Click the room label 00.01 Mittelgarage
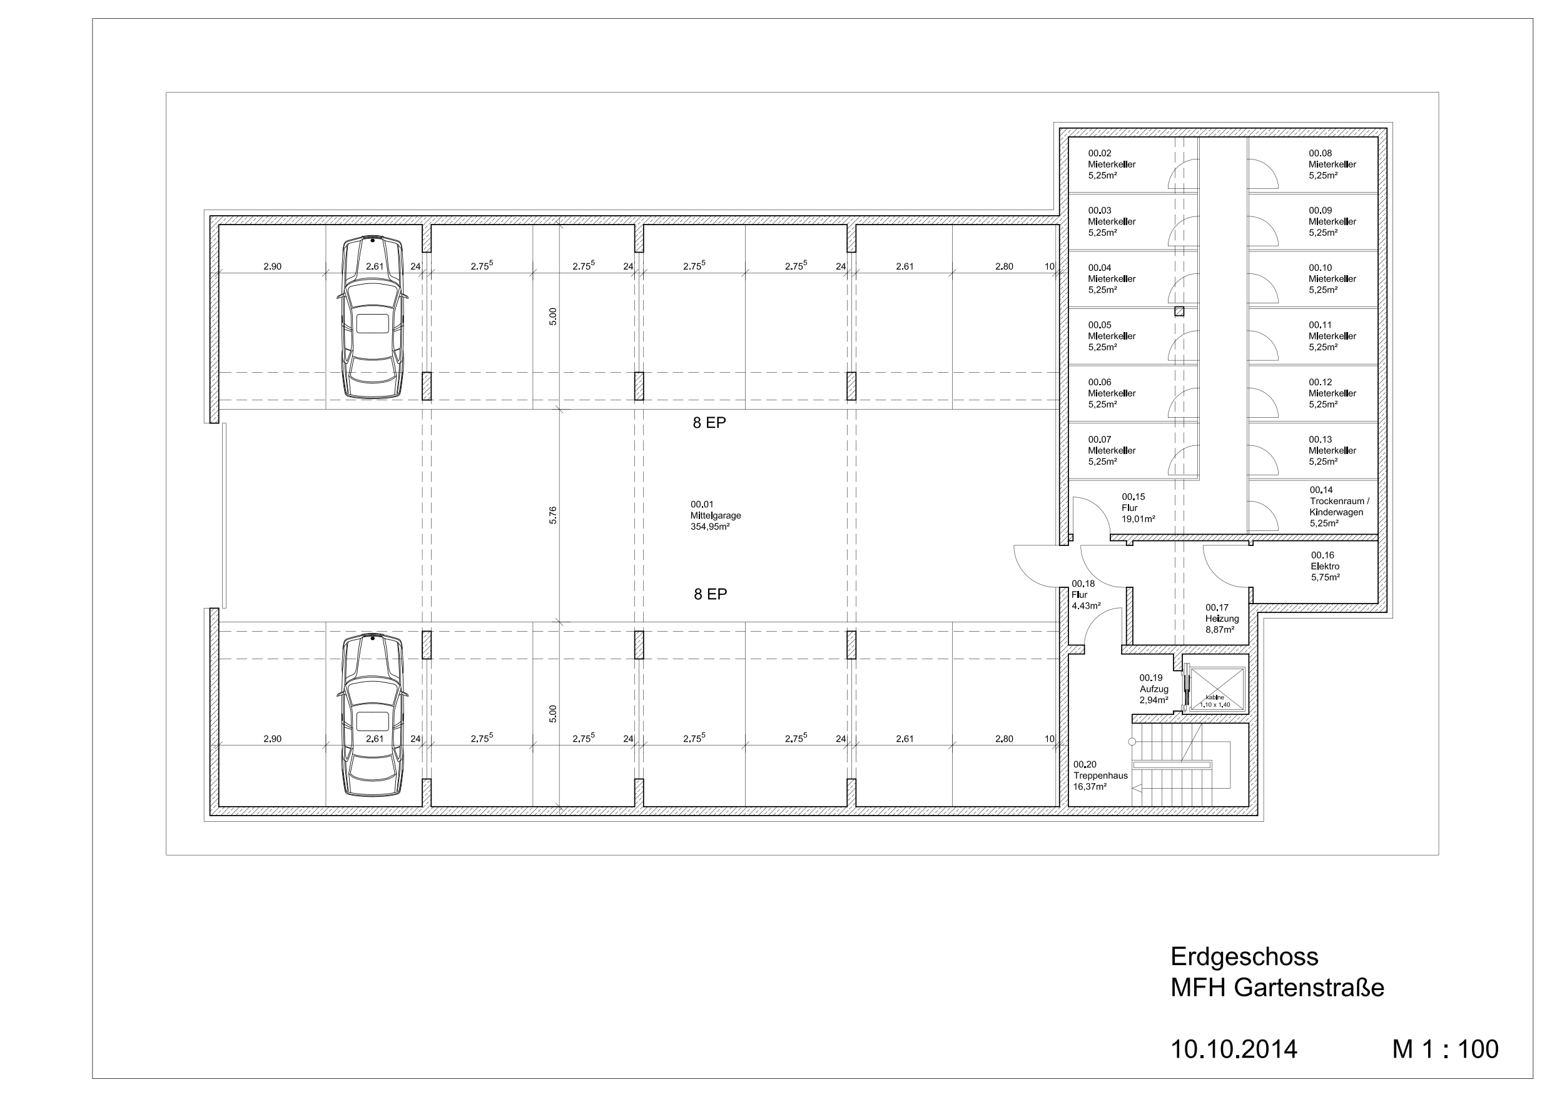[x=715, y=515]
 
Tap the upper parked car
[x=373, y=317]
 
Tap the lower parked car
[x=373, y=714]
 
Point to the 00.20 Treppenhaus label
[x=1100, y=776]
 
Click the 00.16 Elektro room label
[x=1326, y=567]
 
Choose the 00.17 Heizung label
[x=1222, y=619]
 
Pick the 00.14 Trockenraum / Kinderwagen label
[x=1340, y=506]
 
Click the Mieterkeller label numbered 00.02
[x=1111, y=164]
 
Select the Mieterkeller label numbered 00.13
[x=1332, y=450]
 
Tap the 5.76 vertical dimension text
[x=553, y=515]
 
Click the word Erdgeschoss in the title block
[x=1244, y=956]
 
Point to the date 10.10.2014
[x=1234, y=1049]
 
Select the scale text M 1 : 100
[x=1445, y=1049]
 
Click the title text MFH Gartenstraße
[x=1277, y=988]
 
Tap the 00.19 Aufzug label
[x=1154, y=689]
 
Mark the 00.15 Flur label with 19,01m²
[x=1139, y=508]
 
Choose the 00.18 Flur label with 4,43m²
[x=1085, y=595]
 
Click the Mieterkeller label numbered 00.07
[x=1111, y=450]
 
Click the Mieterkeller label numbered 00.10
[x=1332, y=278]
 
